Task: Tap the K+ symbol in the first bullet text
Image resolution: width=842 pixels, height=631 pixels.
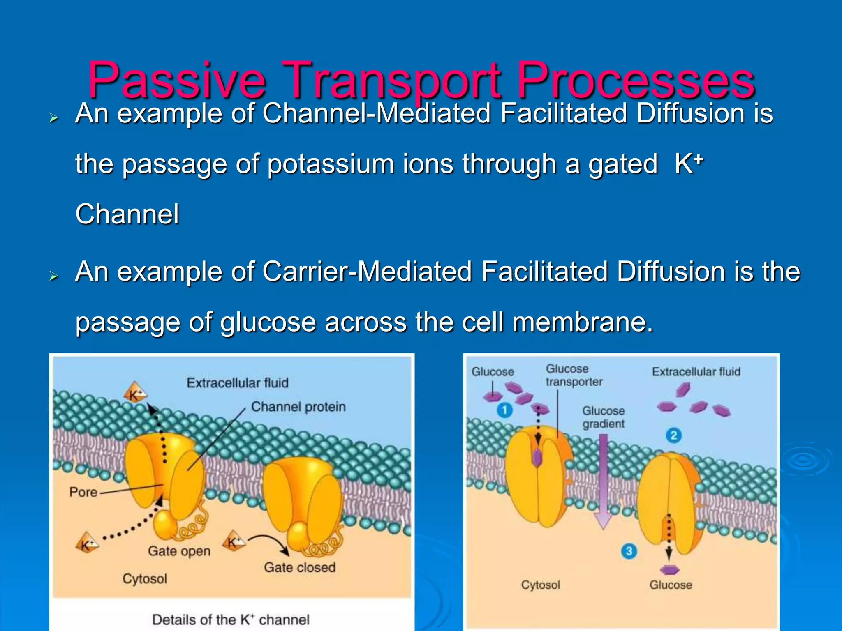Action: pyautogui.click(x=689, y=164)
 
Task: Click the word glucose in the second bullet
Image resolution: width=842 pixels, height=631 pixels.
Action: pyautogui.click(x=268, y=322)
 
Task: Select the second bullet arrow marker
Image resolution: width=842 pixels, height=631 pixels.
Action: pyautogui.click(x=53, y=276)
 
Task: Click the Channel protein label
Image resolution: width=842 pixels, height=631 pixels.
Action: pyautogui.click(x=298, y=407)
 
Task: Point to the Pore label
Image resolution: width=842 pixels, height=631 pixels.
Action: pyautogui.click(x=83, y=492)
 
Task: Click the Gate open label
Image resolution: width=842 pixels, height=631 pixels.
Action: pyautogui.click(x=179, y=551)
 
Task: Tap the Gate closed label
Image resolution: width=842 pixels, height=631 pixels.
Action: pyautogui.click(x=299, y=567)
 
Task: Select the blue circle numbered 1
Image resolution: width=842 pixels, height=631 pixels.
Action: pyautogui.click(x=504, y=410)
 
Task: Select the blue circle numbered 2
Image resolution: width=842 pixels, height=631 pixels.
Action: pyautogui.click(x=673, y=435)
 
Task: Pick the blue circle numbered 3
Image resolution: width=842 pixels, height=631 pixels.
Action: pyautogui.click(x=629, y=551)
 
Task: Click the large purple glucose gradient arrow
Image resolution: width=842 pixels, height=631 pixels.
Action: pyautogui.click(x=603, y=481)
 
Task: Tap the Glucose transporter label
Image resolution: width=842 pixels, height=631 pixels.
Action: pyautogui.click(x=574, y=375)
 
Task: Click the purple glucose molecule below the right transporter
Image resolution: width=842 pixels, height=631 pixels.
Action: pyautogui.click(x=669, y=570)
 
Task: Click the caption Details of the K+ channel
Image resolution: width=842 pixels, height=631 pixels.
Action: pyautogui.click(x=230, y=619)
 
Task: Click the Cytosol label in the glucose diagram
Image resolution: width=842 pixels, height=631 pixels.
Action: pyautogui.click(x=540, y=585)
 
